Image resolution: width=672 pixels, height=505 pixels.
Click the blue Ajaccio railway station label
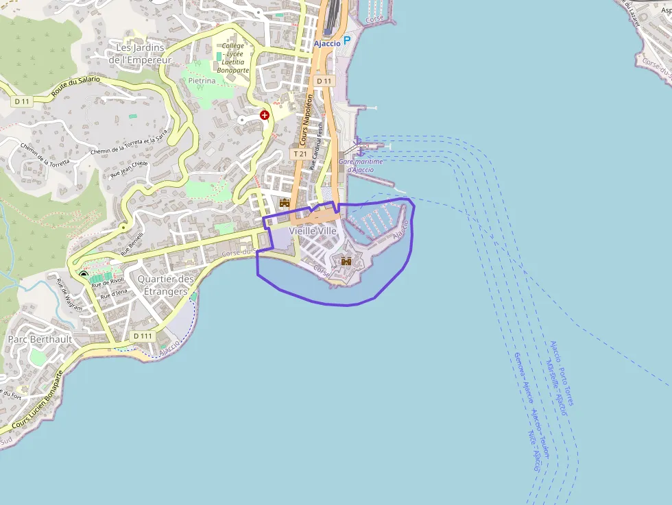pyautogui.click(x=327, y=43)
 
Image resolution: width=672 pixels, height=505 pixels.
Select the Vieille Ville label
pyautogui.click(x=313, y=231)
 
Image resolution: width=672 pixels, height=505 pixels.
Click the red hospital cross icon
pyautogui.click(x=264, y=115)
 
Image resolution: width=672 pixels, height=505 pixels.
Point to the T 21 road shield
pyautogui.click(x=300, y=154)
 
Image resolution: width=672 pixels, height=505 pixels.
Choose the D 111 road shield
pyautogui.click(x=143, y=336)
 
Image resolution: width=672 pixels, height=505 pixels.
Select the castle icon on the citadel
pyautogui.click(x=346, y=260)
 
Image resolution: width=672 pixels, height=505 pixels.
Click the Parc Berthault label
pyautogui.click(x=40, y=339)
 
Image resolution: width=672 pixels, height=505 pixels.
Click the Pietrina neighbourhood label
pyautogui.click(x=202, y=81)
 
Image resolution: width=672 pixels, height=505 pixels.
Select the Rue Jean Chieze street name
pyautogui.click(x=129, y=169)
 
